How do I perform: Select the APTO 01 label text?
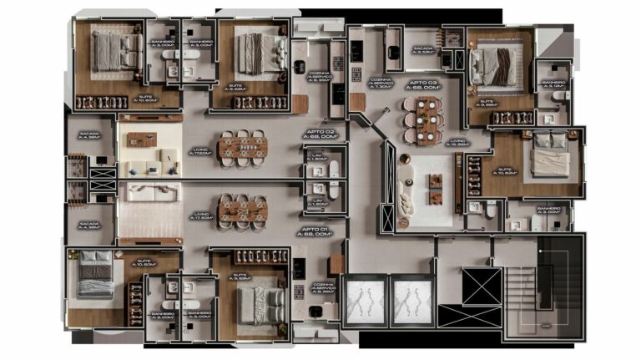(x=314, y=231)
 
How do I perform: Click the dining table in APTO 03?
(x=426, y=119)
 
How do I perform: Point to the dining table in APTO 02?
(x=243, y=147)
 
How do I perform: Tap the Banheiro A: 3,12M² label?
(x=553, y=84)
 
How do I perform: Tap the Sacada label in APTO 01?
(x=88, y=226)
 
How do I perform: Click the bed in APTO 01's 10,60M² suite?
(x=96, y=276)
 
